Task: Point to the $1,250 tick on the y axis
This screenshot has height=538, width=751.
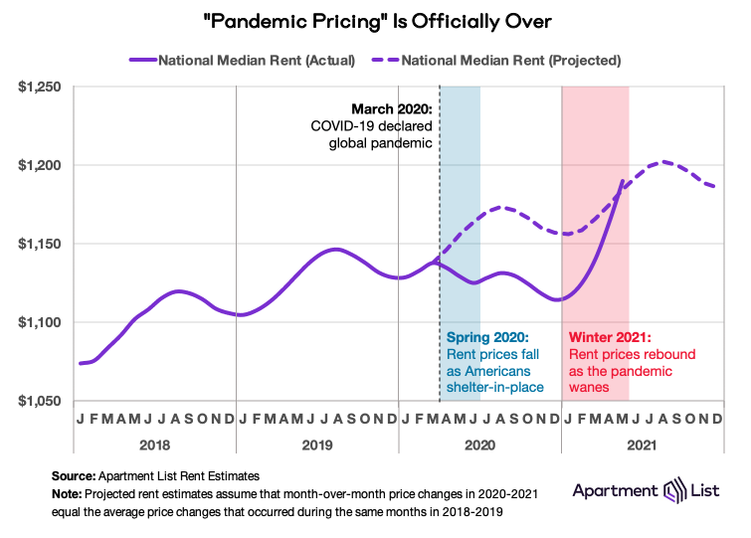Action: tap(40, 88)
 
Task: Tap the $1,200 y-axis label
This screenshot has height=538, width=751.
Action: tap(40, 165)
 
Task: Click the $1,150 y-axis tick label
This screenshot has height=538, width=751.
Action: tap(40, 244)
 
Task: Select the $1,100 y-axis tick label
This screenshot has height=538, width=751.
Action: tap(40, 322)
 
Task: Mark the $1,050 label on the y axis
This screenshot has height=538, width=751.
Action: tap(40, 401)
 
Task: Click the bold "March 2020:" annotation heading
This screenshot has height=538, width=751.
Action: tap(392, 108)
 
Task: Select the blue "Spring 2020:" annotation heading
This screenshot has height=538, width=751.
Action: tap(488, 337)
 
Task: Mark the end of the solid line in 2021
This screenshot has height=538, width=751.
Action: tap(623, 181)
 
